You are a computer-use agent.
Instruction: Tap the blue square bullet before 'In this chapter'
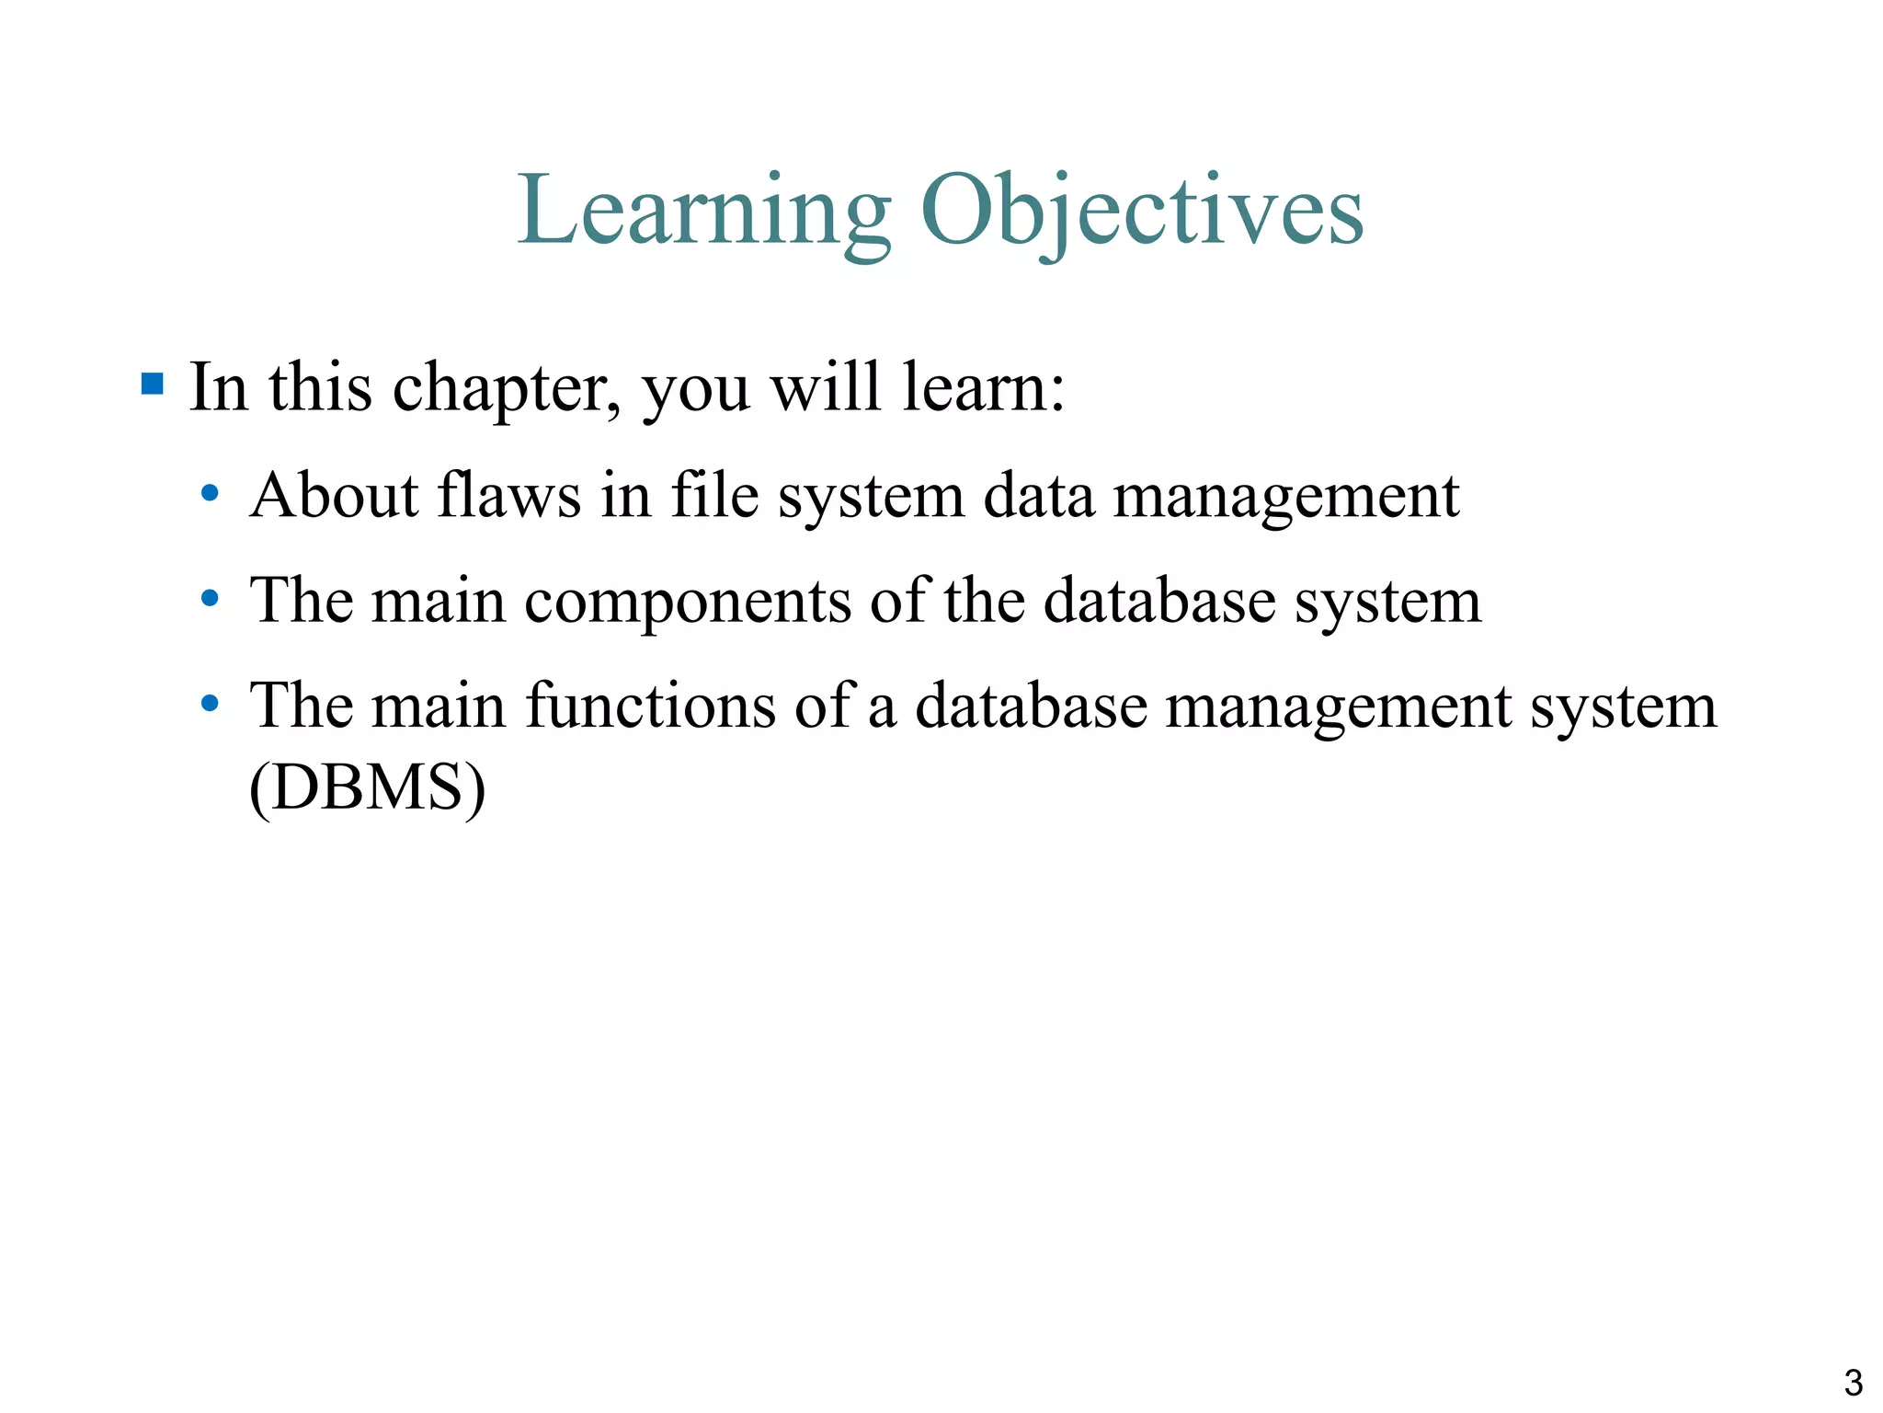tap(153, 383)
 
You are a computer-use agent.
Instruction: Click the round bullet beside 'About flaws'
tap(210, 494)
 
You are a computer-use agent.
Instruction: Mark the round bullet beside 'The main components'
tap(210, 599)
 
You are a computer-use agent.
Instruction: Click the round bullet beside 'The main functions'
tap(210, 705)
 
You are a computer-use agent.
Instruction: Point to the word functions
tap(651, 706)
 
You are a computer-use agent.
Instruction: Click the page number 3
tap(1853, 1383)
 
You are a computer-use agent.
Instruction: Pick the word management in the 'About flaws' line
tap(1285, 497)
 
